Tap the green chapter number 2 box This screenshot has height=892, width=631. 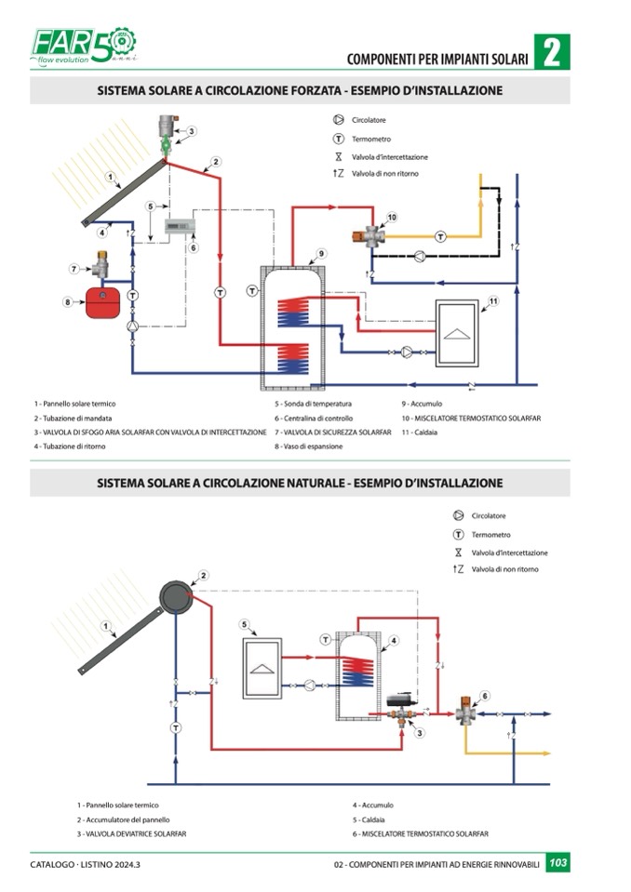(551, 53)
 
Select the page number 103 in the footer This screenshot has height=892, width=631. (557, 864)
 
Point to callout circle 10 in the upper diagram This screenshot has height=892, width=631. (392, 217)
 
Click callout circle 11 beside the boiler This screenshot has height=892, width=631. (493, 300)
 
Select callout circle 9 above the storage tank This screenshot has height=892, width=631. (320, 254)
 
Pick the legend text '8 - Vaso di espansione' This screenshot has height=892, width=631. (309, 446)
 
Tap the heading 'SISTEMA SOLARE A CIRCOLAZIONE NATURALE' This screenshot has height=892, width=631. (300, 483)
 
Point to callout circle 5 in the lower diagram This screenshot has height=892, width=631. (244, 624)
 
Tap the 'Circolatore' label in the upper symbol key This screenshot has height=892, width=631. (369, 120)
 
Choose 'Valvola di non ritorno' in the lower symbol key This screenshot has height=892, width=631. (504, 569)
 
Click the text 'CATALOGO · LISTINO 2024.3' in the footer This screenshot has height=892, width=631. (91, 865)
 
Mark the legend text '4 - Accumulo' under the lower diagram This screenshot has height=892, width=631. (373, 805)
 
